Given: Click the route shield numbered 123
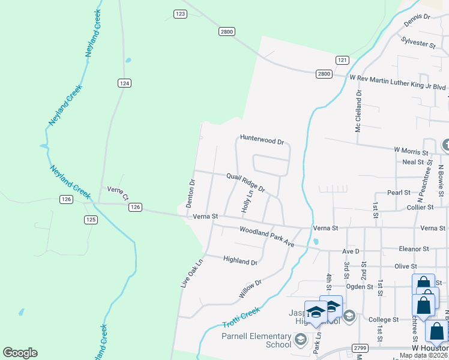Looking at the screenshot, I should tap(180, 14).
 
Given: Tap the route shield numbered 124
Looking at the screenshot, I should tap(124, 83).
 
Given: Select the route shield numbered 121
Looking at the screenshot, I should tap(342, 60).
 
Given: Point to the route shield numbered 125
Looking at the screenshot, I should tap(91, 220).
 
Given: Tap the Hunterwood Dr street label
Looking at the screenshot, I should tap(262, 140).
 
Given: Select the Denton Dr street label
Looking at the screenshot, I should tap(191, 193).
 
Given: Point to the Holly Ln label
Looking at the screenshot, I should tap(246, 200).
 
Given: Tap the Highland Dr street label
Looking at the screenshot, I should tap(240, 261).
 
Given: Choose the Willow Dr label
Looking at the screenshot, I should tap(250, 289).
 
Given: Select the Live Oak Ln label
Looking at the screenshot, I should tap(193, 273).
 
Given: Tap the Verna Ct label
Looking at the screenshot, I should tap(118, 193).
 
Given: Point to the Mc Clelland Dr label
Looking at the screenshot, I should tap(359, 111).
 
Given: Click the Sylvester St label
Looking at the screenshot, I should tap(418, 43).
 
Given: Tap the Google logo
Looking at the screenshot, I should tap(20, 353).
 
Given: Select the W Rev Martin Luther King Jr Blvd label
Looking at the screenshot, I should tap(397, 78).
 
